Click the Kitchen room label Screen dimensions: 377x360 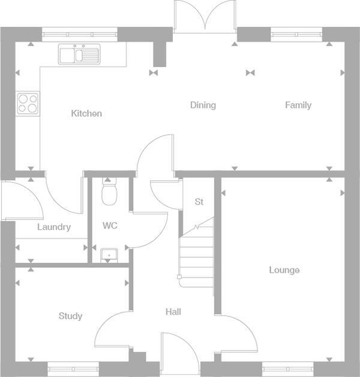[86, 113]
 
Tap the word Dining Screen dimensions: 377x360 [203, 105]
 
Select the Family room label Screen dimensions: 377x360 [298, 105]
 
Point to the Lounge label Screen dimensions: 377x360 [284, 270]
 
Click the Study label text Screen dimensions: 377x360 [71, 316]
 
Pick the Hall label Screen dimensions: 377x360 [173, 312]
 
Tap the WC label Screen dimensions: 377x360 [110, 226]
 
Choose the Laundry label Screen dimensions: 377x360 [54, 227]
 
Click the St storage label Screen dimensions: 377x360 [199, 202]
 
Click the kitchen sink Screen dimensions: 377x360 [79, 55]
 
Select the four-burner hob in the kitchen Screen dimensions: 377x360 [28, 103]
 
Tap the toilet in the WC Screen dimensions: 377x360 [109, 192]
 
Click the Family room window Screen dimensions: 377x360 [294, 35]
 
